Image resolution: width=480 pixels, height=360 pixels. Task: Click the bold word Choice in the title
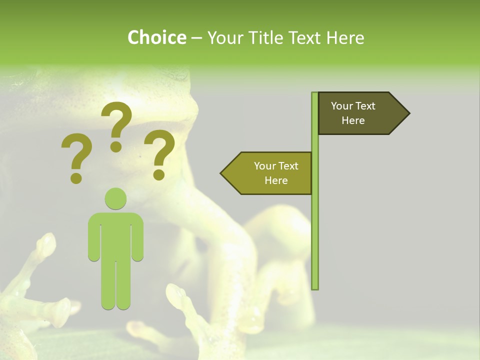pos(156,38)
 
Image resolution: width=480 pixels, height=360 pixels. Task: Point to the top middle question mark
pos(116,125)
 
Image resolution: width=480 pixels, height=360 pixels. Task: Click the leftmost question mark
pos(76,155)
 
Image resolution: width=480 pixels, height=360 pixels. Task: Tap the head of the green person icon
pos(116,198)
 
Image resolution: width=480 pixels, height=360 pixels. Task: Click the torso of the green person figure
pos(116,235)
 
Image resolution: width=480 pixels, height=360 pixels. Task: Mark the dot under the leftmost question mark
pos(76,177)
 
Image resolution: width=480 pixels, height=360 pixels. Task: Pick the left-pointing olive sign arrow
pos(267,173)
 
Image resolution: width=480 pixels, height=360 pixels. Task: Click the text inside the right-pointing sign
pos(353,113)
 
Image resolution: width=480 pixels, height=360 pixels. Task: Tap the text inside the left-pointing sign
pos(276,173)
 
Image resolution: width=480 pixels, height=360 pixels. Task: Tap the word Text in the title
pos(305,38)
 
